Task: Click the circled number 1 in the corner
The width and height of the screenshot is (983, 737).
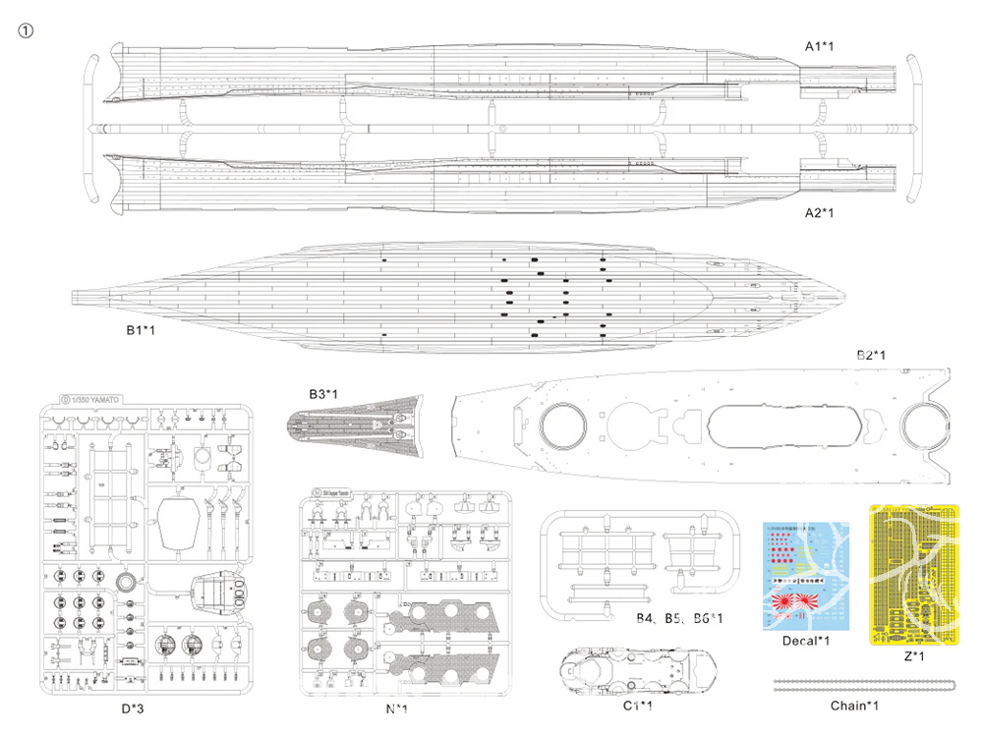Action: (x=27, y=29)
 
